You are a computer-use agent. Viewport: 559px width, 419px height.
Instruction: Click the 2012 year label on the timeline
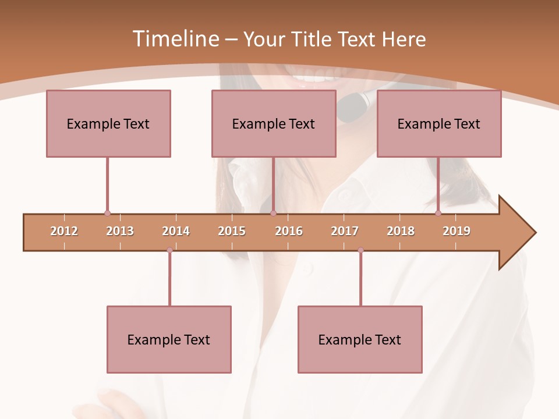click(x=64, y=231)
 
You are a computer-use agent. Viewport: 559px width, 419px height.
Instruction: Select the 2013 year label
click(x=120, y=231)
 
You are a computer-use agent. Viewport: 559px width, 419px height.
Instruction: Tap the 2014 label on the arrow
click(x=176, y=231)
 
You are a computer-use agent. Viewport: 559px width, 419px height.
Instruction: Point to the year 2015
click(x=232, y=231)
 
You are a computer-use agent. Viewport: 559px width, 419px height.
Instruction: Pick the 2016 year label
click(x=289, y=231)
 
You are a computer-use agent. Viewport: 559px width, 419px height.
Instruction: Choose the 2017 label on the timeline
click(x=345, y=231)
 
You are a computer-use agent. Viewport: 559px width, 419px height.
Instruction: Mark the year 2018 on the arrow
click(x=401, y=231)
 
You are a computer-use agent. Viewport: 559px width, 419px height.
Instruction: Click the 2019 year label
click(x=457, y=231)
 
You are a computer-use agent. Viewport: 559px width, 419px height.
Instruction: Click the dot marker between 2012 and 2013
click(x=107, y=213)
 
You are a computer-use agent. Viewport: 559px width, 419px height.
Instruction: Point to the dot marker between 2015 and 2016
click(x=273, y=213)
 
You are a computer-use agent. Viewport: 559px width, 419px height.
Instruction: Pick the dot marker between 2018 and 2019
click(x=438, y=213)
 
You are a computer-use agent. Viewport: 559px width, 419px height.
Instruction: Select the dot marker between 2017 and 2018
click(x=360, y=250)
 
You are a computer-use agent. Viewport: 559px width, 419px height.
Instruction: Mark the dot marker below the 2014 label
click(x=169, y=250)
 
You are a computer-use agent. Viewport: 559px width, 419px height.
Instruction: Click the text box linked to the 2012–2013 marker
click(x=108, y=123)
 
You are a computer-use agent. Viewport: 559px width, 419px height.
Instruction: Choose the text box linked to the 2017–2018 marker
click(x=360, y=339)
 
